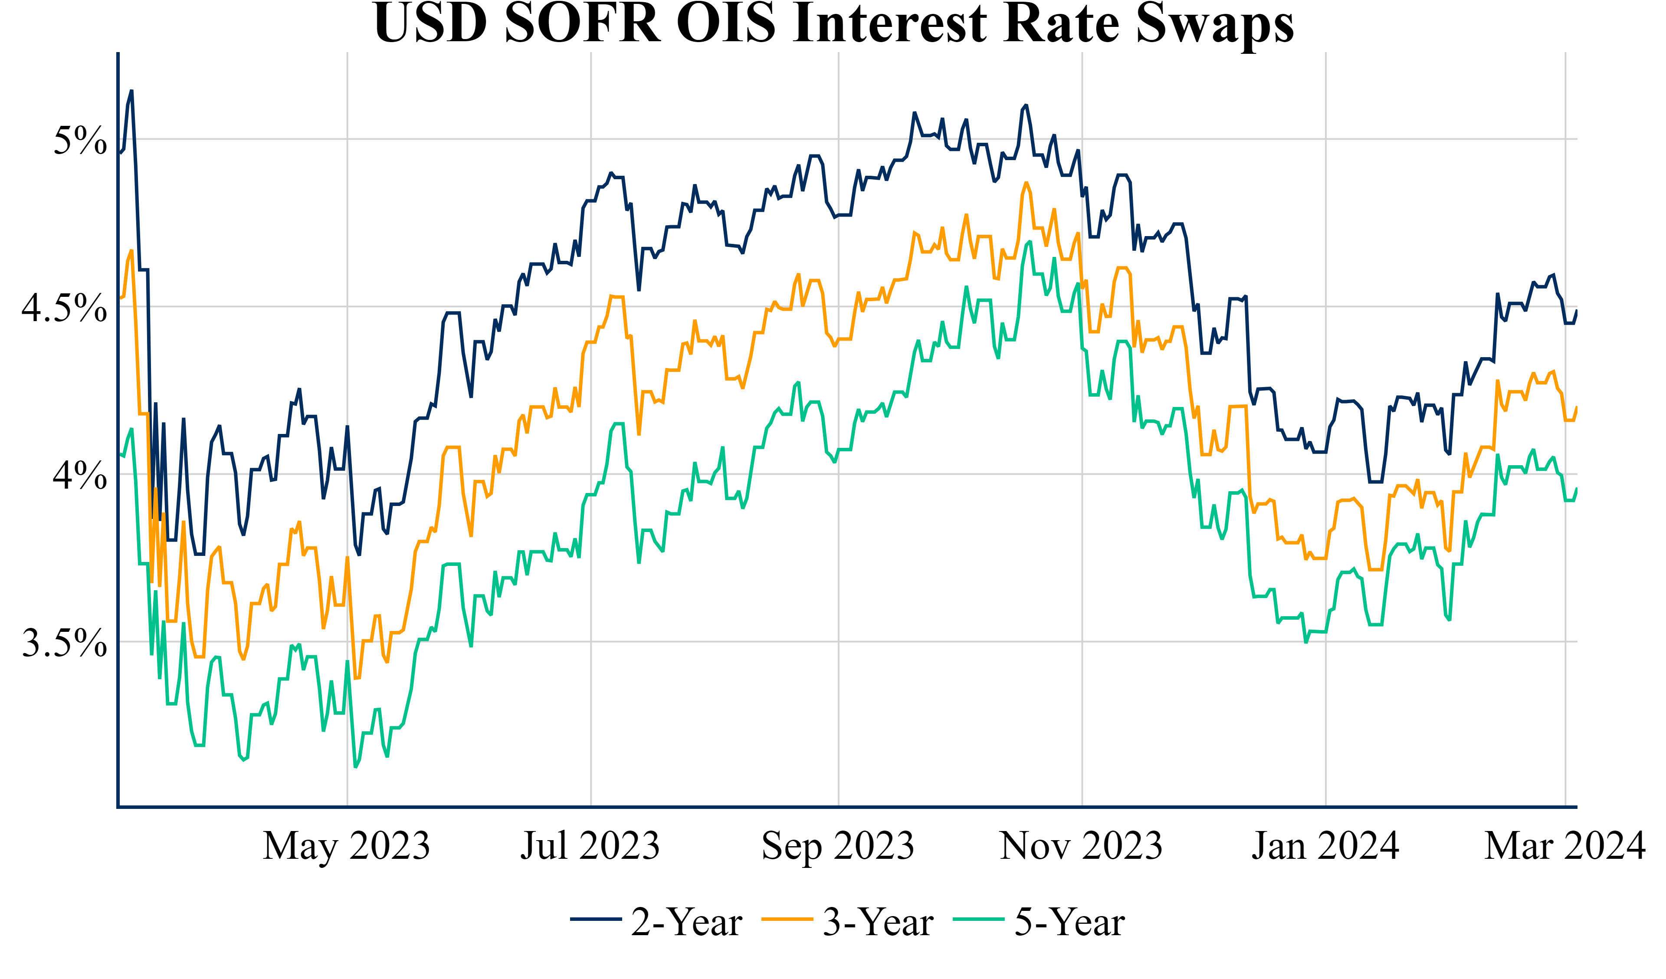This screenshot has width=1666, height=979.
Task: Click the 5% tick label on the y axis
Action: [x=79, y=140]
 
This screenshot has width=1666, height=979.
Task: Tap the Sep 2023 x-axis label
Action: [x=838, y=846]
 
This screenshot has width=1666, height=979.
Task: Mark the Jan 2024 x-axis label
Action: [x=1325, y=846]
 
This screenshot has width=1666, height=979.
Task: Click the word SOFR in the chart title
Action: [x=582, y=23]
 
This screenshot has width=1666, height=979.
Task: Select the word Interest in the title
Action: [x=891, y=23]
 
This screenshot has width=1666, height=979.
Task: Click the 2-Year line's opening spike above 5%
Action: [x=131, y=91]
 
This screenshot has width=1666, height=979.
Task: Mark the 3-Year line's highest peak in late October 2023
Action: [x=1026, y=183]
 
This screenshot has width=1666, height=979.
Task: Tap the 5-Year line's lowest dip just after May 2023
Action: [x=356, y=767]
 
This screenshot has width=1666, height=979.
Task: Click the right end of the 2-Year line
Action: [x=1577, y=311]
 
